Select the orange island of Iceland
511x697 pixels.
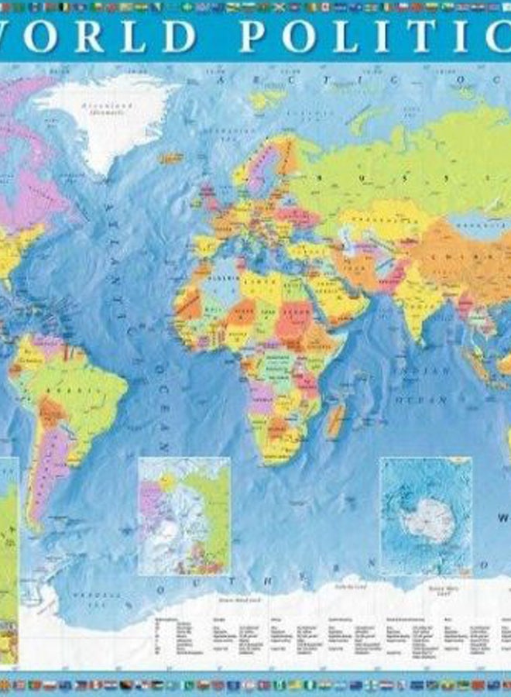point(171,157)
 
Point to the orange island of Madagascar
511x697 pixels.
point(335,421)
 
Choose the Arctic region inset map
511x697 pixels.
point(184,515)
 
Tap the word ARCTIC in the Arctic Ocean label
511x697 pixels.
point(244,80)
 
